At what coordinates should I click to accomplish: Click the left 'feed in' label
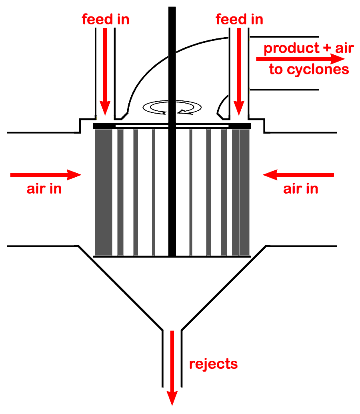coord(106,19)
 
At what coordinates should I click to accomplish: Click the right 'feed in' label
coord(239,19)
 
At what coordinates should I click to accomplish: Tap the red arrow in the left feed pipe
coord(105,72)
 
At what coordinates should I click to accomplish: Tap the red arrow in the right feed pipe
coord(239,72)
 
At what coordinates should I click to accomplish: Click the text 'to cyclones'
coord(309,70)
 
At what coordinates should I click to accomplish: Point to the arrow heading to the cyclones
coord(300,59)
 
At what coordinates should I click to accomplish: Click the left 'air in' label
coord(44,189)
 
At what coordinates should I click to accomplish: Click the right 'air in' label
coord(301,189)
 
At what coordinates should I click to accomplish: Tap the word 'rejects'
coord(213,364)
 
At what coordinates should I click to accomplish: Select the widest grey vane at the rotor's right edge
coord(244,192)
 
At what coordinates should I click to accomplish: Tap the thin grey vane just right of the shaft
coord(191,192)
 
